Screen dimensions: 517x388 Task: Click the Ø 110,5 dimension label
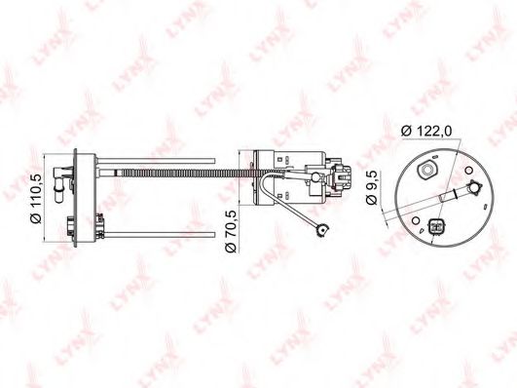pos(36,198)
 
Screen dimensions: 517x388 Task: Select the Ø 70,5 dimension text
pos(231,231)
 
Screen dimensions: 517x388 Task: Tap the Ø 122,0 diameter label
pos(426,131)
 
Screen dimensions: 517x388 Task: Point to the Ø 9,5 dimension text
pos(372,187)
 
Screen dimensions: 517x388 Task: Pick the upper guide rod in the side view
pos(157,161)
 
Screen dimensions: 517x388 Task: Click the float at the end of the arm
pos(322,230)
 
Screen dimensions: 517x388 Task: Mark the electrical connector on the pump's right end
pos(341,176)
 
